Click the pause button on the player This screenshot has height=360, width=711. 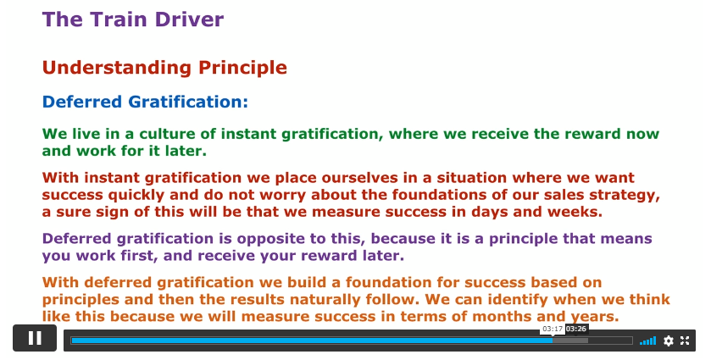(x=35, y=338)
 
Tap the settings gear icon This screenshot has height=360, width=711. (x=669, y=341)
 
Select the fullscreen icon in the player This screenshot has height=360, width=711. (x=685, y=341)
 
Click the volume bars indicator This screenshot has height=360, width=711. (x=647, y=341)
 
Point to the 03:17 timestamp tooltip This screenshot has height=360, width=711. (x=553, y=329)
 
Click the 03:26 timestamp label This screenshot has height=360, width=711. (x=576, y=329)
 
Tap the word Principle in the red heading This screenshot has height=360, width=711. (x=242, y=69)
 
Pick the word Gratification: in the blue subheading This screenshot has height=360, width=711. (x=188, y=102)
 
